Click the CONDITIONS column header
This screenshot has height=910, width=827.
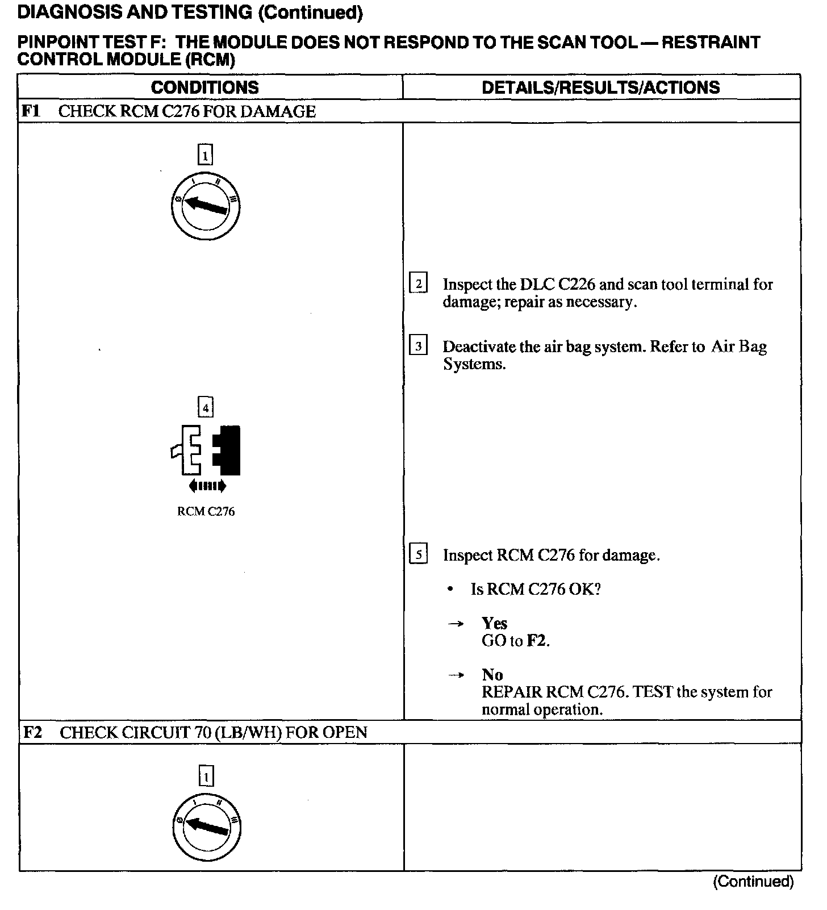(x=204, y=87)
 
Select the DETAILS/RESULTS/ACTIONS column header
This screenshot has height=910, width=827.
(x=600, y=87)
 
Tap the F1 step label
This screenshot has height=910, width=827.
(x=31, y=111)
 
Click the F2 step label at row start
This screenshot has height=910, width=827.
(x=32, y=732)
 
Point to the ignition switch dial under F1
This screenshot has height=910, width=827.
(x=205, y=206)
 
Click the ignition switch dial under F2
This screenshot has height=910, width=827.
(x=206, y=826)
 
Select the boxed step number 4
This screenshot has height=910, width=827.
(x=205, y=407)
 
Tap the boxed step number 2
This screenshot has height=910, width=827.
(x=418, y=283)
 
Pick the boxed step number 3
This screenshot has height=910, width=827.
(x=418, y=346)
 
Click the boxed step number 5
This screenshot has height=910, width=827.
(x=418, y=554)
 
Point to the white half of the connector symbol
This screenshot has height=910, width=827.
(x=189, y=450)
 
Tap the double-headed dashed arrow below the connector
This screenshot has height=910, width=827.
(x=207, y=486)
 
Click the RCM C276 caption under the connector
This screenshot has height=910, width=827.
(x=206, y=511)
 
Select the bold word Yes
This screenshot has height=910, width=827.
(x=494, y=623)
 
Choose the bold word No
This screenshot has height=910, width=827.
(x=492, y=674)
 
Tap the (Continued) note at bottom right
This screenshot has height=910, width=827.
(x=753, y=882)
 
